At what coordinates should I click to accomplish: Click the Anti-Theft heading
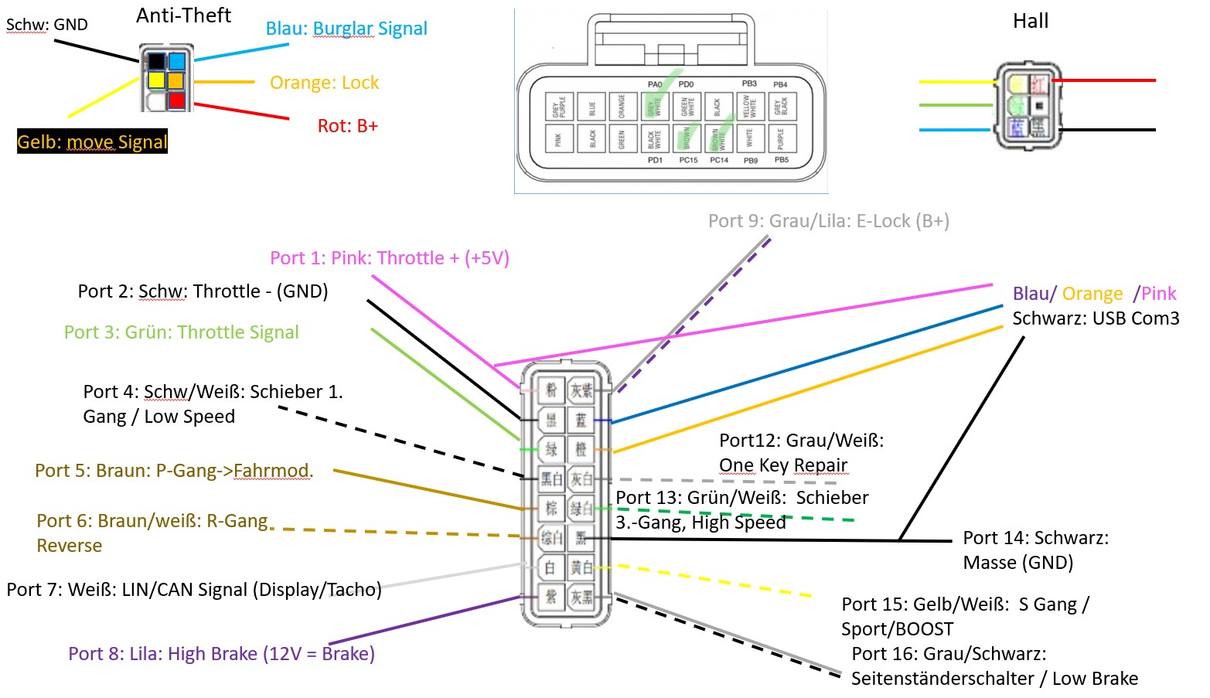coord(183,15)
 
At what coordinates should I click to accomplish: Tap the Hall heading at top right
coord(1031,22)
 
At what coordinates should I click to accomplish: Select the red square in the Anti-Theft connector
coord(177,100)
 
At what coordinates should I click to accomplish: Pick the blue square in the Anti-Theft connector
coord(177,61)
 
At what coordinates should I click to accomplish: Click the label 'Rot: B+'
coord(347,126)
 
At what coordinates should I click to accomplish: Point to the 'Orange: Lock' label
coord(324,83)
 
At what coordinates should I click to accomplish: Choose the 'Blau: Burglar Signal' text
coord(346,29)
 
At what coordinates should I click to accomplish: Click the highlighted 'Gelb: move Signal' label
coord(92,141)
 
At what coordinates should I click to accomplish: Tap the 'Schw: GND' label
coord(46,25)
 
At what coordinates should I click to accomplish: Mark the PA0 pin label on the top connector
coord(655,84)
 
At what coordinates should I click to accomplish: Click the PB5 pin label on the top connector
coord(782,160)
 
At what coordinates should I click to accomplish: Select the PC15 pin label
coord(688,160)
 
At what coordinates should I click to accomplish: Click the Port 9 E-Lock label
coord(828,221)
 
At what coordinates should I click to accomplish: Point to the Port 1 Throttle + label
coord(389,258)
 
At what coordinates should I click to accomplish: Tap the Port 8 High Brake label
coord(221,654)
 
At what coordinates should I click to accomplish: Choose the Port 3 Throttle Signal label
coord(181,332)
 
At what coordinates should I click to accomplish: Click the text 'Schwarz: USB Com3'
coord(1096,318)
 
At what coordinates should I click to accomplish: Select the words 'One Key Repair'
coord(783,465)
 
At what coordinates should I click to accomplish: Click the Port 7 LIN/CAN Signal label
coord(193,590)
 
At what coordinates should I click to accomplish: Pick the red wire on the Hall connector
coord(1106,80)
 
